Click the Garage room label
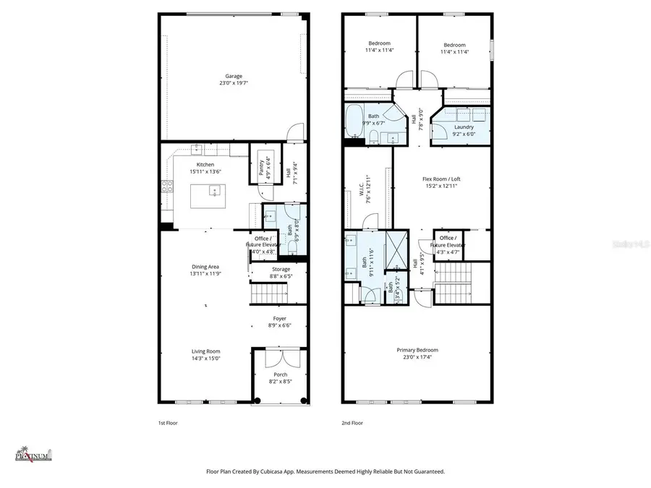(x=233, y=76)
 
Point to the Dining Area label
(x=205, y=267)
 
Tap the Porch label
(x=279, y=374)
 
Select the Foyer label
(x=279, y=318)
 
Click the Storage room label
(x=281, y=269)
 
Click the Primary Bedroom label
(x=417, y=350)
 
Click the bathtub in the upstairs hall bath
(x=355, y=121)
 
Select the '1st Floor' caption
(x=167, y=423)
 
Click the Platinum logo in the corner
(x=34, y=454)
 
